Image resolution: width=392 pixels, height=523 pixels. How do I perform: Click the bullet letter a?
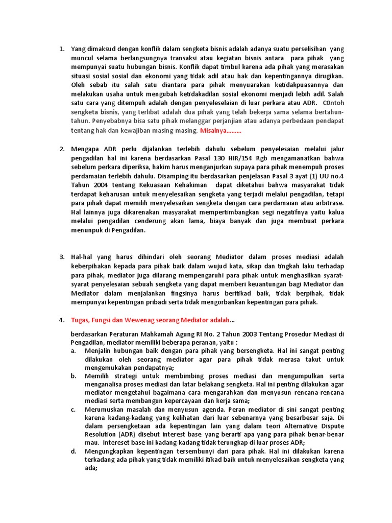pos(73,351)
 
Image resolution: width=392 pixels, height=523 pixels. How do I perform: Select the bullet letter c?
pos(73,410)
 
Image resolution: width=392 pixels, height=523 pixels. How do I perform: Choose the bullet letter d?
pos(73,452)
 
